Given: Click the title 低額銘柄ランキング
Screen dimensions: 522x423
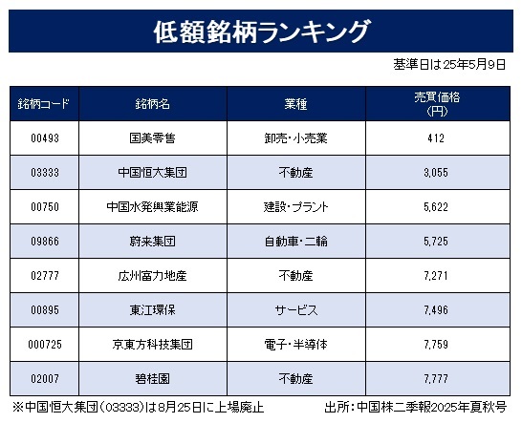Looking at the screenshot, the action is (x=261, y=32).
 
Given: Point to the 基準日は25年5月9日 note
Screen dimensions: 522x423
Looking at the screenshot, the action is (x=449, y=65).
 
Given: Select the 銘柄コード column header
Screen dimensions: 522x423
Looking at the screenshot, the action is (x=44, y=104).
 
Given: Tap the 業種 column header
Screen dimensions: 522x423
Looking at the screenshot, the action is (x=296, y=104).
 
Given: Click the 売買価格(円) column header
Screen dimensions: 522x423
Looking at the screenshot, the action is (x=437, y=104).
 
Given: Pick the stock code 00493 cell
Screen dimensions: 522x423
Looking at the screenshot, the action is (x=45, y=138).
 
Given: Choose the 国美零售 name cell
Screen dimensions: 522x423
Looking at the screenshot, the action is (x=152, y=138).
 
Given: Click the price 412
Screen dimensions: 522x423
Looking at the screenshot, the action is (x=436, y=138).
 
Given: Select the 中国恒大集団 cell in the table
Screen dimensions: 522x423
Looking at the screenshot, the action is (x=152, y=173).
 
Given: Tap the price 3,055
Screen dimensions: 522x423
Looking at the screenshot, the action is (x=436, y=173).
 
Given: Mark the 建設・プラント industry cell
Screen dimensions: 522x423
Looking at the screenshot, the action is (x=296, y=207).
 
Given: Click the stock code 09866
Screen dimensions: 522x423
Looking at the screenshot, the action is (x=45, y=241).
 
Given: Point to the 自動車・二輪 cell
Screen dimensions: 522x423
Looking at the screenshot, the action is (x=296, y=241).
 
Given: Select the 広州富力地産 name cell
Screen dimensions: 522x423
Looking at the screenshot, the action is (x=152, y=276).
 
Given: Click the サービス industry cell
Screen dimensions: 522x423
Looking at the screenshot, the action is (x=296, y=310).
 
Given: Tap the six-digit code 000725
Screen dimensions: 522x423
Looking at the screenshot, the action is (x=45, y=345).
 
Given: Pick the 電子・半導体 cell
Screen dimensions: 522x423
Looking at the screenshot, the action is (x=296, y=345).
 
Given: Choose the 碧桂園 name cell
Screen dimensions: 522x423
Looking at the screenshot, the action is (x=152, y=379).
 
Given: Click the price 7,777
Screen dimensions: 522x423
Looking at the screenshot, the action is (x=436, y=379).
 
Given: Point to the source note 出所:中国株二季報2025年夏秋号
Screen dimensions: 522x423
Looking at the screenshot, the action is (x=416, y=407).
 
